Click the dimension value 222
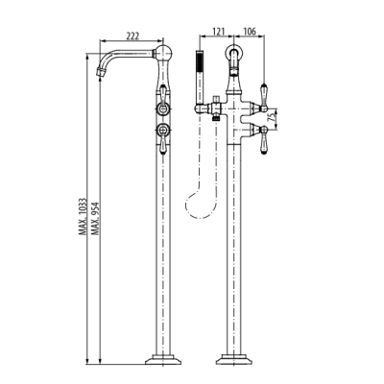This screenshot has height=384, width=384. [132, 36]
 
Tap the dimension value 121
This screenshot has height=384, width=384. [219, 32]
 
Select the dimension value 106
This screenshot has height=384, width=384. [250, 32]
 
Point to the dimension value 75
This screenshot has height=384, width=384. [272, 117]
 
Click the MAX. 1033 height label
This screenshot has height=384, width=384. [83, 217]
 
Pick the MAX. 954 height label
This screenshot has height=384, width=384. [95, 218]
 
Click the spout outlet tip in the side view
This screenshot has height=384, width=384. [100, 73]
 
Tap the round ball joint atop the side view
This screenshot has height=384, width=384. [163, 52]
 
